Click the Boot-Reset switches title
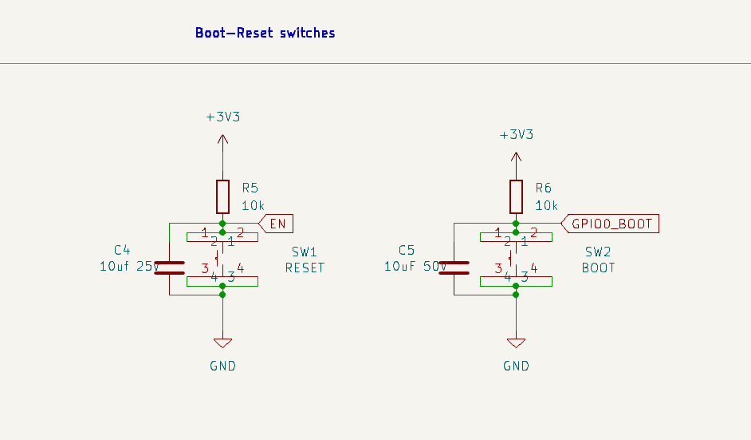pyautogui.click(x=265, y=33)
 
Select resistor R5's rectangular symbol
pyautogui.click(x=222, y=196)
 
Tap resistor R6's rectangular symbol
pyautogui.click(x=516, y=196)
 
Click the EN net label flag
pyautogui.click(x=276, y=224)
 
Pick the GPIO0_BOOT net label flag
pyautogui.click(x=610, y=224)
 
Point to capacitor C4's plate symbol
pyautogui.click(x=170, y=268)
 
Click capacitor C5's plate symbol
pyautogui.click(x=454, y=268)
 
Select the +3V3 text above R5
pyautogui.click(x=222, y=117)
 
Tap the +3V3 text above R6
pyautogui.click(x=517, y=135)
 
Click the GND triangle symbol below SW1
pyautogui.click(x=222, y=343)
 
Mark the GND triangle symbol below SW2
pyautogui.click(x=516, y=343)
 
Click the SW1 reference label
pyautogui.click(x=304, y=252)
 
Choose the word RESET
pyautogui.click(x=305, y=268)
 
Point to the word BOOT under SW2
pyautogui.click(x=598, y=268)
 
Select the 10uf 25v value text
pyautogui.click(x=129, y=266)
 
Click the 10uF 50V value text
pyautogui.click(x=415, y=266)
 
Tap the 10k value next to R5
pyautogui.click(x=253, y=206)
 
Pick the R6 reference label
pyautogui.click(x=543, y=188)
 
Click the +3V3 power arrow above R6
pyautogui.click(x=516, y=166)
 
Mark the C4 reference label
pyautogui.click(x=122, y=250)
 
